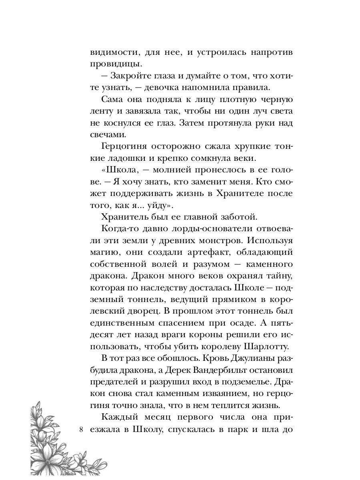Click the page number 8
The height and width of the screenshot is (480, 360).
click(x=82, y=430)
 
